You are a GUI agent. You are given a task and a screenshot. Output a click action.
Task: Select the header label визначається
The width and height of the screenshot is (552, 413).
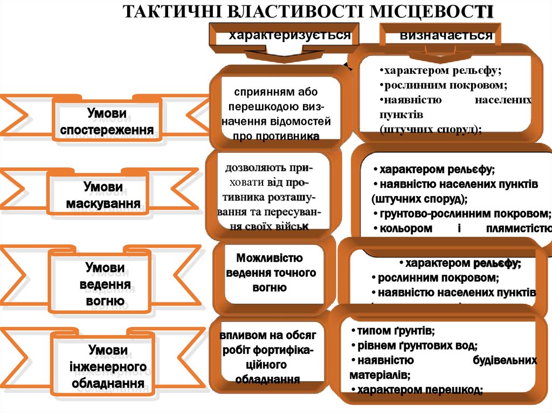[x=446, y=36]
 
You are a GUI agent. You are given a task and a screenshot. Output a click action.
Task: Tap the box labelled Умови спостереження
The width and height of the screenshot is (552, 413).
[x=107, y=122]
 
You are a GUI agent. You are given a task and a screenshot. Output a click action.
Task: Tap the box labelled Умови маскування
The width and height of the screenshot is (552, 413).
[x=103, y=195]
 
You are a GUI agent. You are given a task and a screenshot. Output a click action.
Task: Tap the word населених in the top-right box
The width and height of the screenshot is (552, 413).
[x=503, y=100]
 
